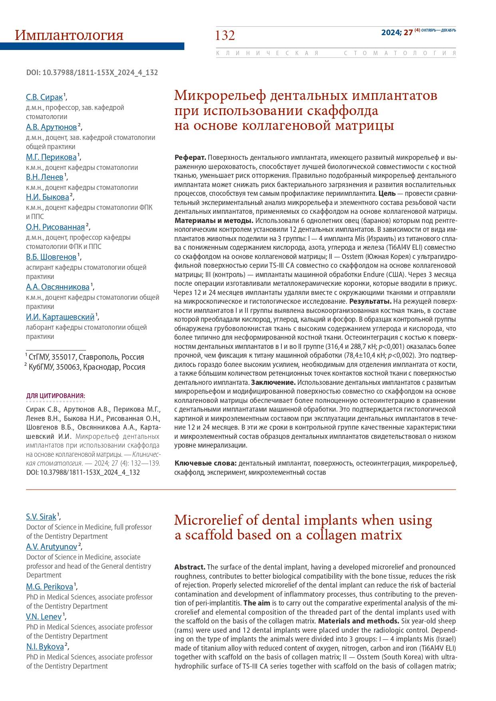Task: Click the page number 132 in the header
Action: coord(225,36)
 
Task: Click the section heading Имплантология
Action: coord(69,35)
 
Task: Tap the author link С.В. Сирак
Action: coord(44,97)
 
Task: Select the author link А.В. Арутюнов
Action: coord(51,127)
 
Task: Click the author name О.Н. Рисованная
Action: coord(56,227)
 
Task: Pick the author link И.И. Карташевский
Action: coord(60,317)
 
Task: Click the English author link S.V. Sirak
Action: coord(41,517)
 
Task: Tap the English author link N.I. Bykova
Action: coord(45,647)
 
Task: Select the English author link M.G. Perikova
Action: coord(50,587)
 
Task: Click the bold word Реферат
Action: coord(190,157)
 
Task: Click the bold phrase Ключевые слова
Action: coord(206,463)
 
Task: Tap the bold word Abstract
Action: coord(189,567)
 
